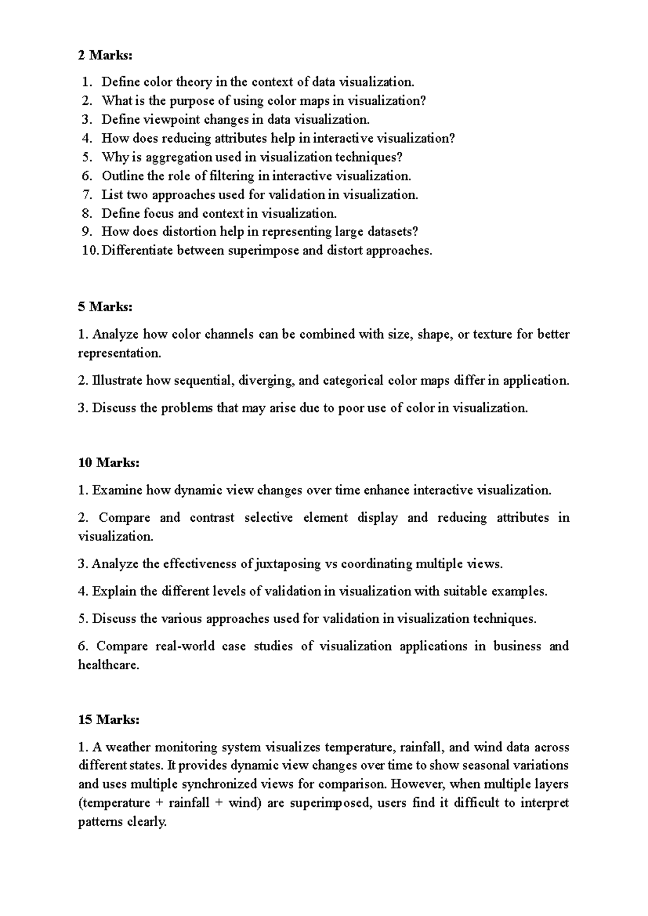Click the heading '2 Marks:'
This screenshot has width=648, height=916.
tap(105, 55)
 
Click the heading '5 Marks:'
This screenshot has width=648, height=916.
tap(105, 307)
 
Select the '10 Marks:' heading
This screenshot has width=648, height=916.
tap(109, 463)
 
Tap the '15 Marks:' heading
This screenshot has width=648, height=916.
tap(109, 719)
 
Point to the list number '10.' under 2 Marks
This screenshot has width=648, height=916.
tap(91, 251)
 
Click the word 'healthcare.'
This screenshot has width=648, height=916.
tap(109, 665)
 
